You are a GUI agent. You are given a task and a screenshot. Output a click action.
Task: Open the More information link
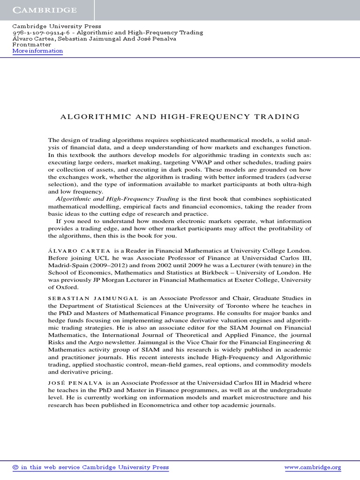point(37,51)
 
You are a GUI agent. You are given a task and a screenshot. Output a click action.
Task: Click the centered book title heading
point(180,116)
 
